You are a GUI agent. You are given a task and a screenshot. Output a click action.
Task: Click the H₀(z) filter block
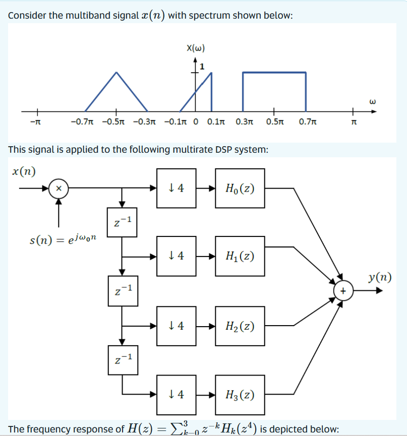tap(240, 189)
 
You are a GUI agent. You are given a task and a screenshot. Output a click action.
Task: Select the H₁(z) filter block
tap(240, 256)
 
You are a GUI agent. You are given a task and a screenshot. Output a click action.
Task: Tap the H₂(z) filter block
tap(240, 326)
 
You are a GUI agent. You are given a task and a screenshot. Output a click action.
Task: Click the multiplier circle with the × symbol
tap(59, 189)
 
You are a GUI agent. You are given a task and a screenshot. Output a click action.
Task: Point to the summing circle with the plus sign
tap(343, 291)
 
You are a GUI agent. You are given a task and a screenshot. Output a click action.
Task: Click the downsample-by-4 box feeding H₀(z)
tap(176, 189)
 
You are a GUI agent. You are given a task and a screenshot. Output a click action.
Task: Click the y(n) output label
tap(379, 277)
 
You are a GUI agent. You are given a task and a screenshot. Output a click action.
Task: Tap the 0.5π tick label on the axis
tap(274, 122)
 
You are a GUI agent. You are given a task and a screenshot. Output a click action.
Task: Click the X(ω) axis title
tap(195, 49)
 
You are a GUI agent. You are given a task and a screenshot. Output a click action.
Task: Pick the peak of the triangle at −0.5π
tap(117, 72)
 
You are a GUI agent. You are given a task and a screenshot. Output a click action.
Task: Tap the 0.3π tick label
tap(244, 122)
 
